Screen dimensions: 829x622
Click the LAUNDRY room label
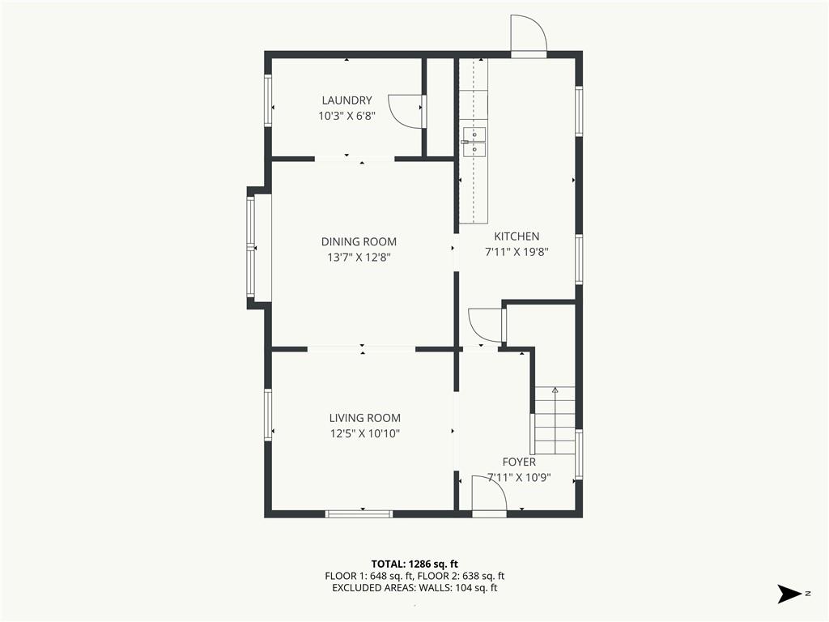point(346,100)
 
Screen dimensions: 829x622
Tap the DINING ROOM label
point(359,241)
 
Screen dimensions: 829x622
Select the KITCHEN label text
point(517,236)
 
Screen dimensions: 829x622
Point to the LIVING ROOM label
point(365,418)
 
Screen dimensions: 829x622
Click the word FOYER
point(519,462)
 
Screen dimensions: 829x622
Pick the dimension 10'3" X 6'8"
point(346,116)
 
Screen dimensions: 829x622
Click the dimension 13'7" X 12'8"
point(359,258)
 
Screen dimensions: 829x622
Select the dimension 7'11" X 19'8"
point(517,253)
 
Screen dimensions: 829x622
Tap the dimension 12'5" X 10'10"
point(365,434)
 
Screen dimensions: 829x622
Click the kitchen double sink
point(474,143)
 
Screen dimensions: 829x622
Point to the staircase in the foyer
point(555,420)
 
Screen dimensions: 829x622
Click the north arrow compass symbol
point(790,594)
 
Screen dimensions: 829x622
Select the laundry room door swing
point(406,111)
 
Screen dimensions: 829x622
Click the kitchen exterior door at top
point(528,35)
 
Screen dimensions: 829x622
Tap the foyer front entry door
point(489,496)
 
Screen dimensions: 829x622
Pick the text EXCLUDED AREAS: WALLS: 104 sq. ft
point(414,588)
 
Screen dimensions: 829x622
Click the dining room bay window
point(252,247)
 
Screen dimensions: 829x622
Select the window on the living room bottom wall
point(359,513)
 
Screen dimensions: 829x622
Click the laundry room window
point(268,100)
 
